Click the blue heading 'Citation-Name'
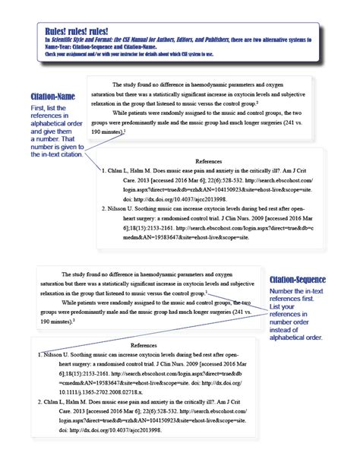(x=52, y=97)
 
